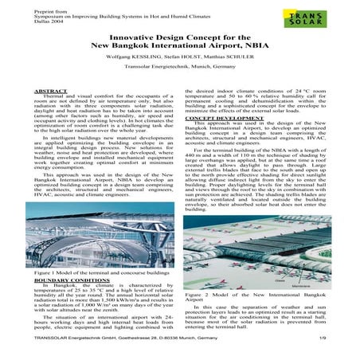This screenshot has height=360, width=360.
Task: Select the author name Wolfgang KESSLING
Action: [x=125, y=62]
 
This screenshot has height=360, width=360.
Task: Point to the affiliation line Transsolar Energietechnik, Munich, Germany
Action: [x=179, y=75]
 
